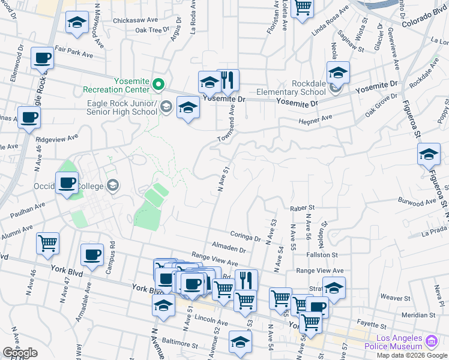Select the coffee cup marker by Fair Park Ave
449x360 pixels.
[x=42, y=59]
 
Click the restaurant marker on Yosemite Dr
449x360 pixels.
[x=228, y=80]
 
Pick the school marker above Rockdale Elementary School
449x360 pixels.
[x=338, y=73]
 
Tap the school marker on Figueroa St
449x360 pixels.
[x=429, y=155]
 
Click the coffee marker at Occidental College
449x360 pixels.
[x=67, y=182]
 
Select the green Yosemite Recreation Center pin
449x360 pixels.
[x=158, y=83]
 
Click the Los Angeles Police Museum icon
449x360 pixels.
[x=431, y=342]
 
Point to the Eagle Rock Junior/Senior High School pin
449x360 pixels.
[x=166, y=107]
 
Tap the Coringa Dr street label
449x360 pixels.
[x=245, y=236]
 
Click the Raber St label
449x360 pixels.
[x=302, y=208]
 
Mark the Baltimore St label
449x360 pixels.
[x=180, y=344]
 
